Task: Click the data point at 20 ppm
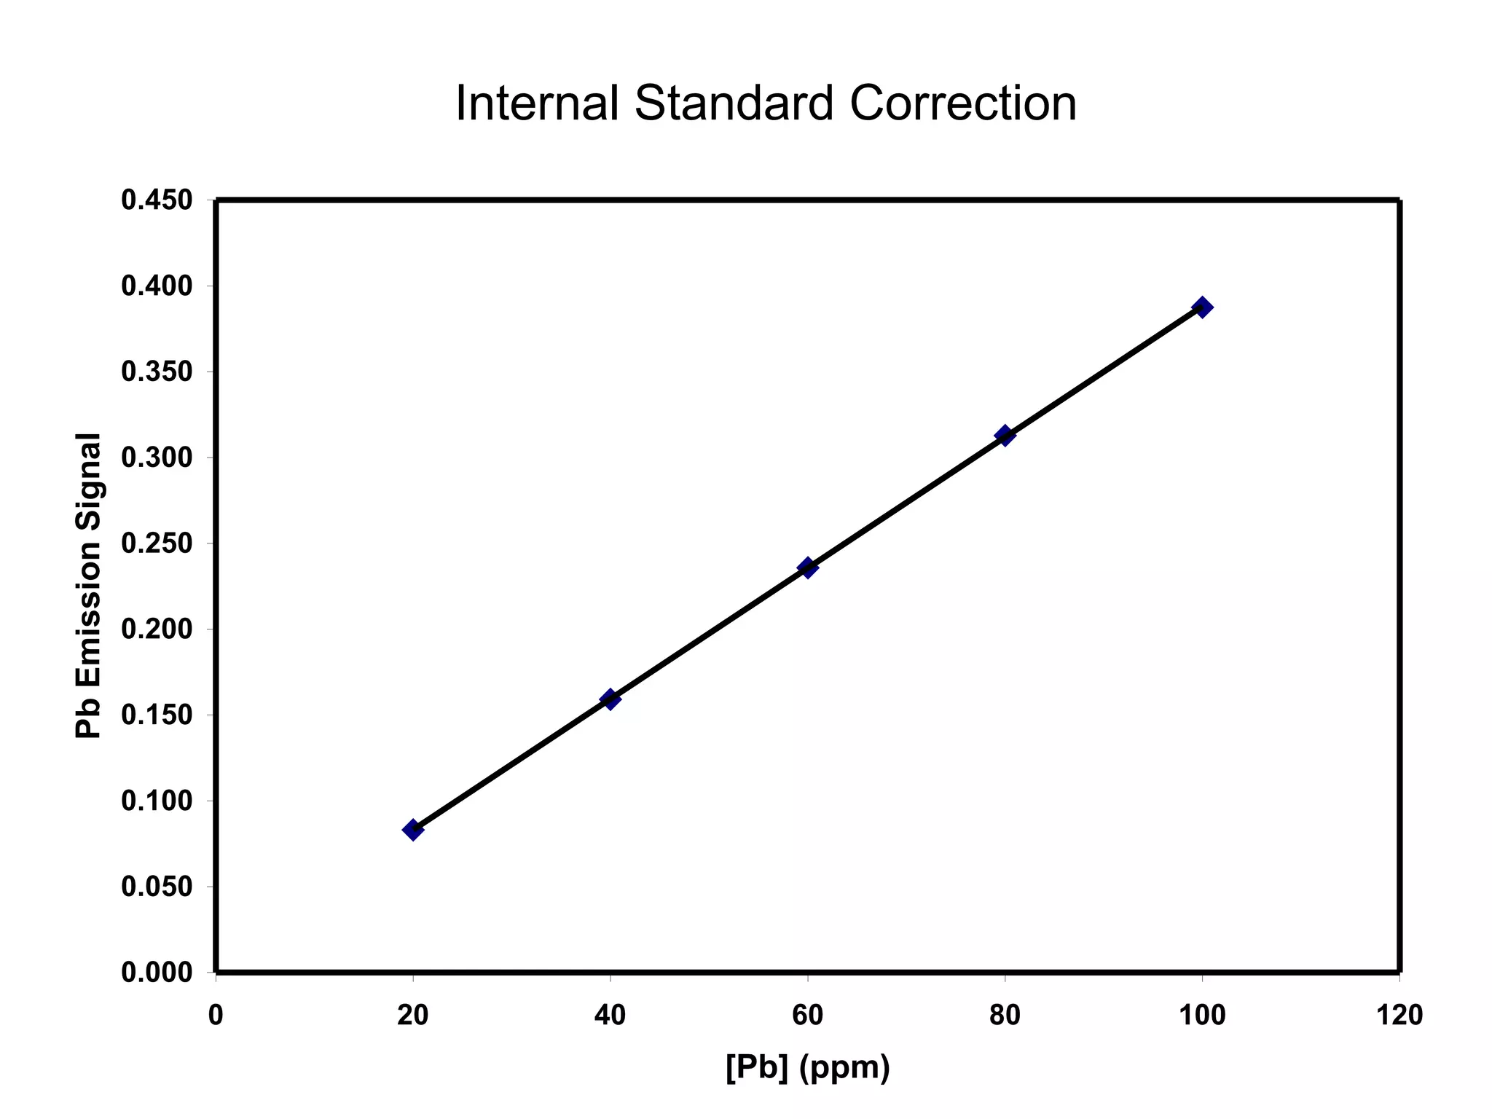tap(413, 829)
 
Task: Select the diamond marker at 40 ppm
tap(610, 699)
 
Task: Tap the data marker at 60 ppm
tap(807, 568)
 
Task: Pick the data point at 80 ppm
tap(1005, 436)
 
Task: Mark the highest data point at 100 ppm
tap(1202, 307)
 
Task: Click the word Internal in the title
tap(537, 103)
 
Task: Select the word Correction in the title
tap(962, 103)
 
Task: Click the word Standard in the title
tap(734, 103)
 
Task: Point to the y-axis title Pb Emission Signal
tap(88, 586)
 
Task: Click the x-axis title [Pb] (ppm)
tap(807, 1067)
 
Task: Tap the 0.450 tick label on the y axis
tap(157, 200)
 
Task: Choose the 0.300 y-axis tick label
tap(157, 458)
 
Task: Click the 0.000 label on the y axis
tap(157, 973)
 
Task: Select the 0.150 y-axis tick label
tap(157, 715)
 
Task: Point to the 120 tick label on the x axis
tap(1399, 1015)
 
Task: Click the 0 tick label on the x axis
tap(216, 1015)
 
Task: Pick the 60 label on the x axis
tap(807, 1015)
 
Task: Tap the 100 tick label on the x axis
tap(1202, 1015)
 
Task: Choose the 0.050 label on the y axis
tap(157, 887)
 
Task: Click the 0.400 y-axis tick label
tap(157, 286)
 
